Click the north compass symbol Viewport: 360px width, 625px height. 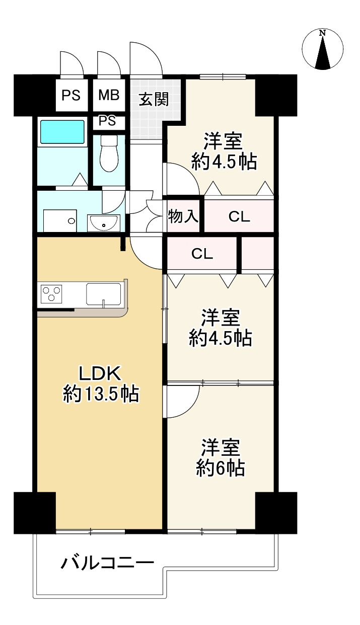(323, 49)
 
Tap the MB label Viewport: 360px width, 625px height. (109, 95)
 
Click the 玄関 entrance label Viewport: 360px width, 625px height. (154, 99)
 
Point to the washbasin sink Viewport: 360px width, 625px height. (104, 223)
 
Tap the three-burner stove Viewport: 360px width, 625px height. (51, 293)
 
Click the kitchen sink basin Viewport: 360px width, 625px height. (104, 294)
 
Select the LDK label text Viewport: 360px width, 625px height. (100, 373)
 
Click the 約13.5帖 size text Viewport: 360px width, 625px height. (101, 394)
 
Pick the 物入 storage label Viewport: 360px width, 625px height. (183, 216)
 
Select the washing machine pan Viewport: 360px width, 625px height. (60, 220)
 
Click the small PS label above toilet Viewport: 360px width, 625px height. (108, 121)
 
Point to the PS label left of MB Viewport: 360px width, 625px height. (71, 96)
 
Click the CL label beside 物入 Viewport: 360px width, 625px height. (239, 216)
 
